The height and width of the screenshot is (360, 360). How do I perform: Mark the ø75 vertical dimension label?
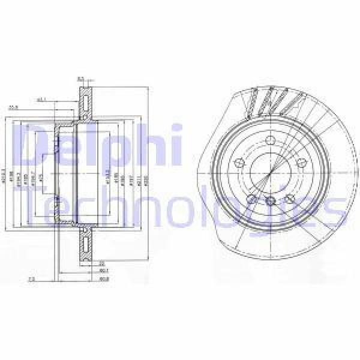click(x=41, y=178)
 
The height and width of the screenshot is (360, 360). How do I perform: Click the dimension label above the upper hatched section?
click(x=82, y=77)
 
